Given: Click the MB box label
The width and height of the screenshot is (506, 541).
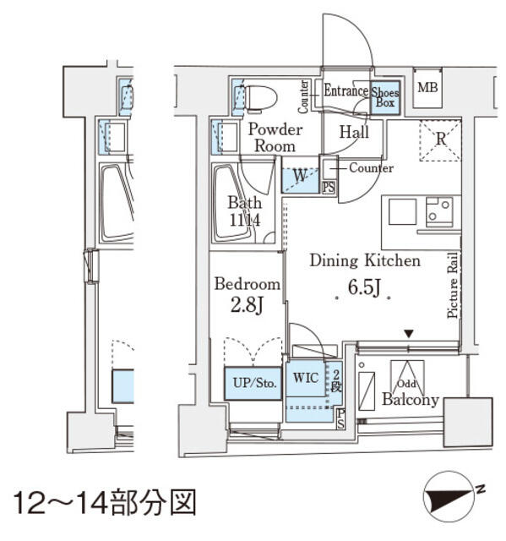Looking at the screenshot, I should tap(427, 87).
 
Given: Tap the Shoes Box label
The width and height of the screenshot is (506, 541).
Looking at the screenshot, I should tap(385, 96).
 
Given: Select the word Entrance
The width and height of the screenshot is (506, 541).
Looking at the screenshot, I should tap(345, 91).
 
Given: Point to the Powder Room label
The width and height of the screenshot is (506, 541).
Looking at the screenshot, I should tap(274, 137).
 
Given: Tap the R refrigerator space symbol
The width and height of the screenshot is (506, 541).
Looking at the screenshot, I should tap(439, 139).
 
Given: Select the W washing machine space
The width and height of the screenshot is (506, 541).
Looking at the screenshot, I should tap(300, 177).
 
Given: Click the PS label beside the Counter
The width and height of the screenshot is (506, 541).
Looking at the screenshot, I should tap(329, 187).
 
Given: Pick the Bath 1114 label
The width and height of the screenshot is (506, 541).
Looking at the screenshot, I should tap(244, 211).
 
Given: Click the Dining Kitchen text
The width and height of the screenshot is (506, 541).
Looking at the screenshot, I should tap(364, 260).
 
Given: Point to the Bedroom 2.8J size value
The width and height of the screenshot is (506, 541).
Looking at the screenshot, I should tap(247, 303).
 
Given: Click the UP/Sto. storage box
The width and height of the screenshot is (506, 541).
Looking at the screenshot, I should tap(253, 383).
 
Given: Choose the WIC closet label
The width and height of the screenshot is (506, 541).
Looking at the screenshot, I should tap(306, 378).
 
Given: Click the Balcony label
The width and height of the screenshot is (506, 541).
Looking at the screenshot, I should tap(410, 400).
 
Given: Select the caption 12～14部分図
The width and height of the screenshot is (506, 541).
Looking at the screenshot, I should tap(105, 502).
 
